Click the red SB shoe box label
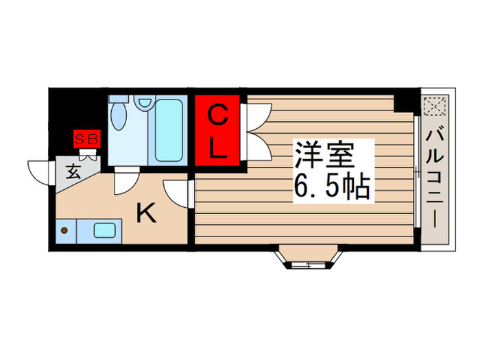(x=87, y=139)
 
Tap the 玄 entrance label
(x=73, y=171)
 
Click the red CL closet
(x=217, y=131)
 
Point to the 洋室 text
(x=324, y=156)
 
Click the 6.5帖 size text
(x=333, y=186)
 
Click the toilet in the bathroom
(x=119, y=115)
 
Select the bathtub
(x=168, y=130)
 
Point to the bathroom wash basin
(x=144, y=103)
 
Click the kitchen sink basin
(x=105, y=230)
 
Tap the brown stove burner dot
(x=64, y=230)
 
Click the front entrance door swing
(x=40, y=171)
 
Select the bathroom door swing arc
(x=126, y=181)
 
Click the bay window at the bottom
(x=307, y=259)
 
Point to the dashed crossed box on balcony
(x=435, y=107)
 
